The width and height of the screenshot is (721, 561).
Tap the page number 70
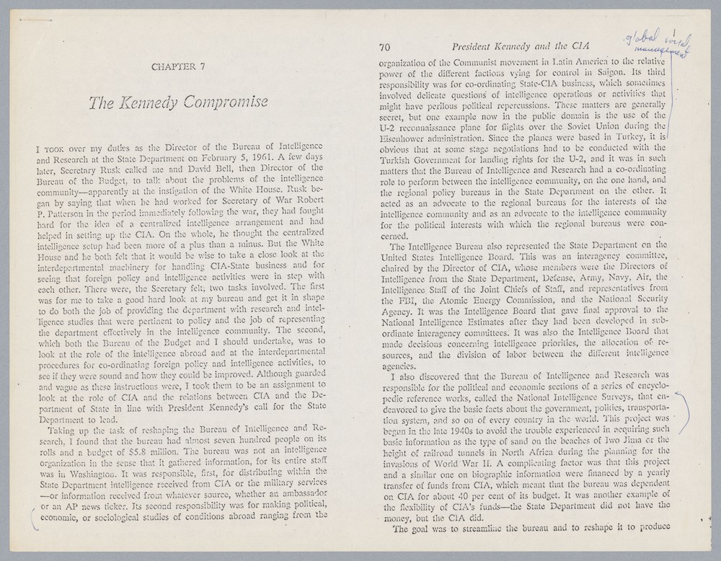384,48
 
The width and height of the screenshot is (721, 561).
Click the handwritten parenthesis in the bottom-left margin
30,518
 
